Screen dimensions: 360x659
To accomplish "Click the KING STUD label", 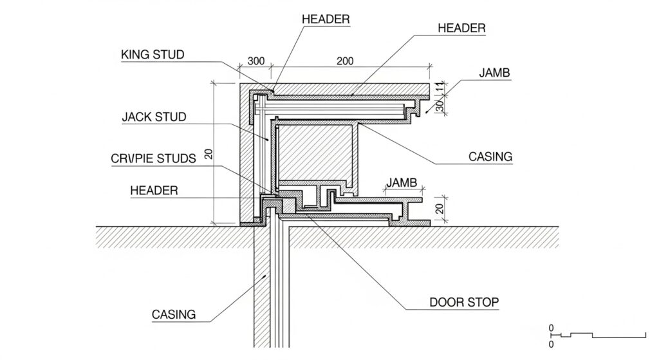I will click(x=152, y=55).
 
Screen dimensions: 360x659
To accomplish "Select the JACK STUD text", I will click(x=154, y=117).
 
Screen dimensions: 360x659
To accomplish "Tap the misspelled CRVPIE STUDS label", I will click(x=153, y=158).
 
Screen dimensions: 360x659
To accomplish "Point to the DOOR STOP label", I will click(x=463, y=301).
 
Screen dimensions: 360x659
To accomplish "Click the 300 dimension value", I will click(x=256, y=61).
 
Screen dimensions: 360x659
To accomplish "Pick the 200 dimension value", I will click(x=345, y=61).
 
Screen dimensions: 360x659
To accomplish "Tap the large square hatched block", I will click(x=315, y=154).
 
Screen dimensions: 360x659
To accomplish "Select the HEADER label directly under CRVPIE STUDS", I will click(x=154, y=191).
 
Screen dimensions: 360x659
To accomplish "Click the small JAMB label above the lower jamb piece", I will click(x=402, y=184).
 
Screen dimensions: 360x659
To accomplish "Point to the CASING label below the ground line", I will click(x=173, y=315).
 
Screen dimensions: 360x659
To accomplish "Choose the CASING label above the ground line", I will click(x=490, y=156).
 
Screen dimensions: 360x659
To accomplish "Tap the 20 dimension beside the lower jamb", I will click(x=440, y=208).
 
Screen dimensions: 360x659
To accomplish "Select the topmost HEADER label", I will click(x=326, y=19).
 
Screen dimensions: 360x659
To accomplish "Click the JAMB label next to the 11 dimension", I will click(x=494, y=73).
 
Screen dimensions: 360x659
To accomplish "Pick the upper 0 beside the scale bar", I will click(x=551, y=328).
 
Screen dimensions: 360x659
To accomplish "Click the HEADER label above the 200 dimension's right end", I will click(x=461, y=28).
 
